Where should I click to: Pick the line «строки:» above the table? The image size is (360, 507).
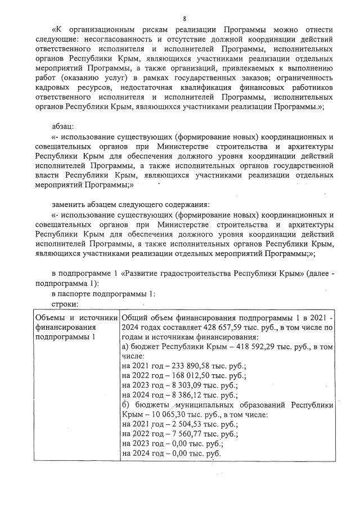(x=65, y=304)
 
